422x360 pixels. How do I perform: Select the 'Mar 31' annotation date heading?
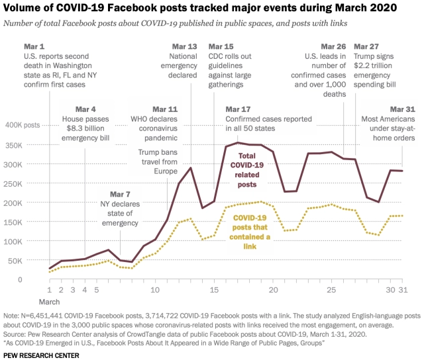click(402, 109)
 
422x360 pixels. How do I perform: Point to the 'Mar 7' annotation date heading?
click(120, 195)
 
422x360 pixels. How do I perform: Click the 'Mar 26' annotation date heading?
click(333, 47)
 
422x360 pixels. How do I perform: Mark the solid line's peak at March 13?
click(191, 167)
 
